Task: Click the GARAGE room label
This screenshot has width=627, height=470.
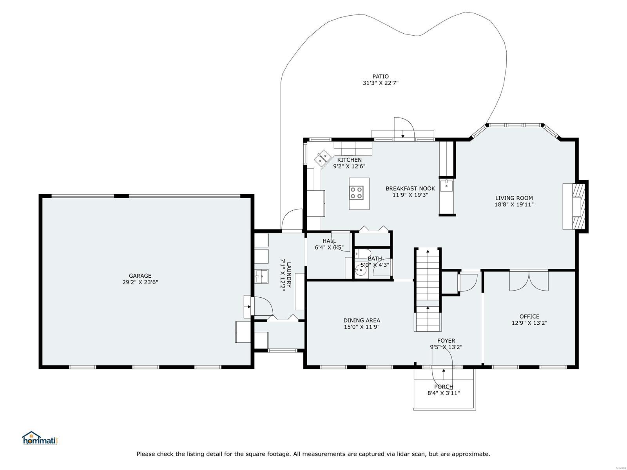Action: pos(140,276)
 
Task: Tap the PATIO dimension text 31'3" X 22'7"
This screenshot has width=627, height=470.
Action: pos(381,83)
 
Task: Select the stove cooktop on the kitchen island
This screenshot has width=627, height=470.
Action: pos(357,193)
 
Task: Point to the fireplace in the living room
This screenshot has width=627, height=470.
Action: pos(578,206)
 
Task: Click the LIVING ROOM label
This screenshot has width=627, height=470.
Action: pos(514,198)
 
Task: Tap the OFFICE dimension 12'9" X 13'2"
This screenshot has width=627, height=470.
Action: pos(529,323)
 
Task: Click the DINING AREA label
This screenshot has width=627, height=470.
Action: pos(362,320)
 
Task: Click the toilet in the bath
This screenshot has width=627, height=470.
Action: pos(363,253)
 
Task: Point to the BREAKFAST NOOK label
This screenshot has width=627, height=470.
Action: pos(410,189)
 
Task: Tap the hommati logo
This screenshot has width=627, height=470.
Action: pos(40,438)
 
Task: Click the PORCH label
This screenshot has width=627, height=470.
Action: pos(444,387)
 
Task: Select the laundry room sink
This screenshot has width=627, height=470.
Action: pos(261,276)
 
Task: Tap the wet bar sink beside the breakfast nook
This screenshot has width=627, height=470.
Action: pos(446,186)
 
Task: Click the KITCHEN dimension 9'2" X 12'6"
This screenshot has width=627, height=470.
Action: pos(349,166)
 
